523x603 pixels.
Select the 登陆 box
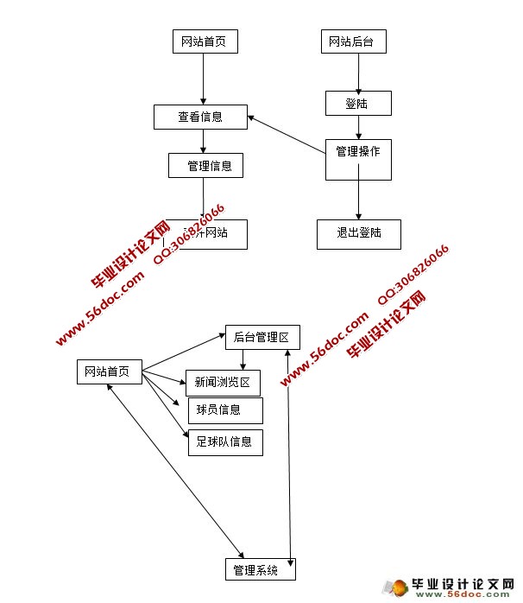[358, 104]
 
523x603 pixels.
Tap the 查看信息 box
[200, 117]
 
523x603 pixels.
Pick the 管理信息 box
[205, 165]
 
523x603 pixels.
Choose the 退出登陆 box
[358, 233]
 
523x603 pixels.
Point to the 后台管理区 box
[261, 338]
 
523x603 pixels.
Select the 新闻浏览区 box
[223, 383]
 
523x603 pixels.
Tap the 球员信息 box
[224, 410]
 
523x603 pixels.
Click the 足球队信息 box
[224, 441]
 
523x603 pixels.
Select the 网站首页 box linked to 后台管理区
[108, 372]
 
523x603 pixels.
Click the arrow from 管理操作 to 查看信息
[286, 135]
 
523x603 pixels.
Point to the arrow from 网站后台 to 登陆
[357, 72]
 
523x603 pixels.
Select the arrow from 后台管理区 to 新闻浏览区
[244, 359]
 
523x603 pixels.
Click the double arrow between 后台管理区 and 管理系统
[289, 449]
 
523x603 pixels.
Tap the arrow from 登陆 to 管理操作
[359, 127]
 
